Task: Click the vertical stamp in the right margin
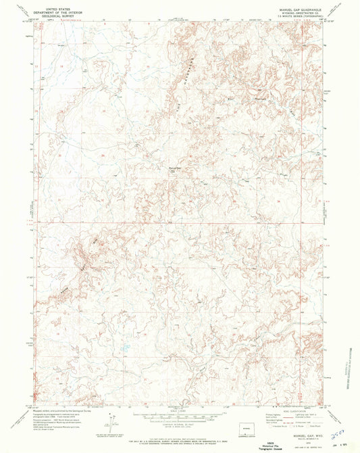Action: point(351,368)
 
